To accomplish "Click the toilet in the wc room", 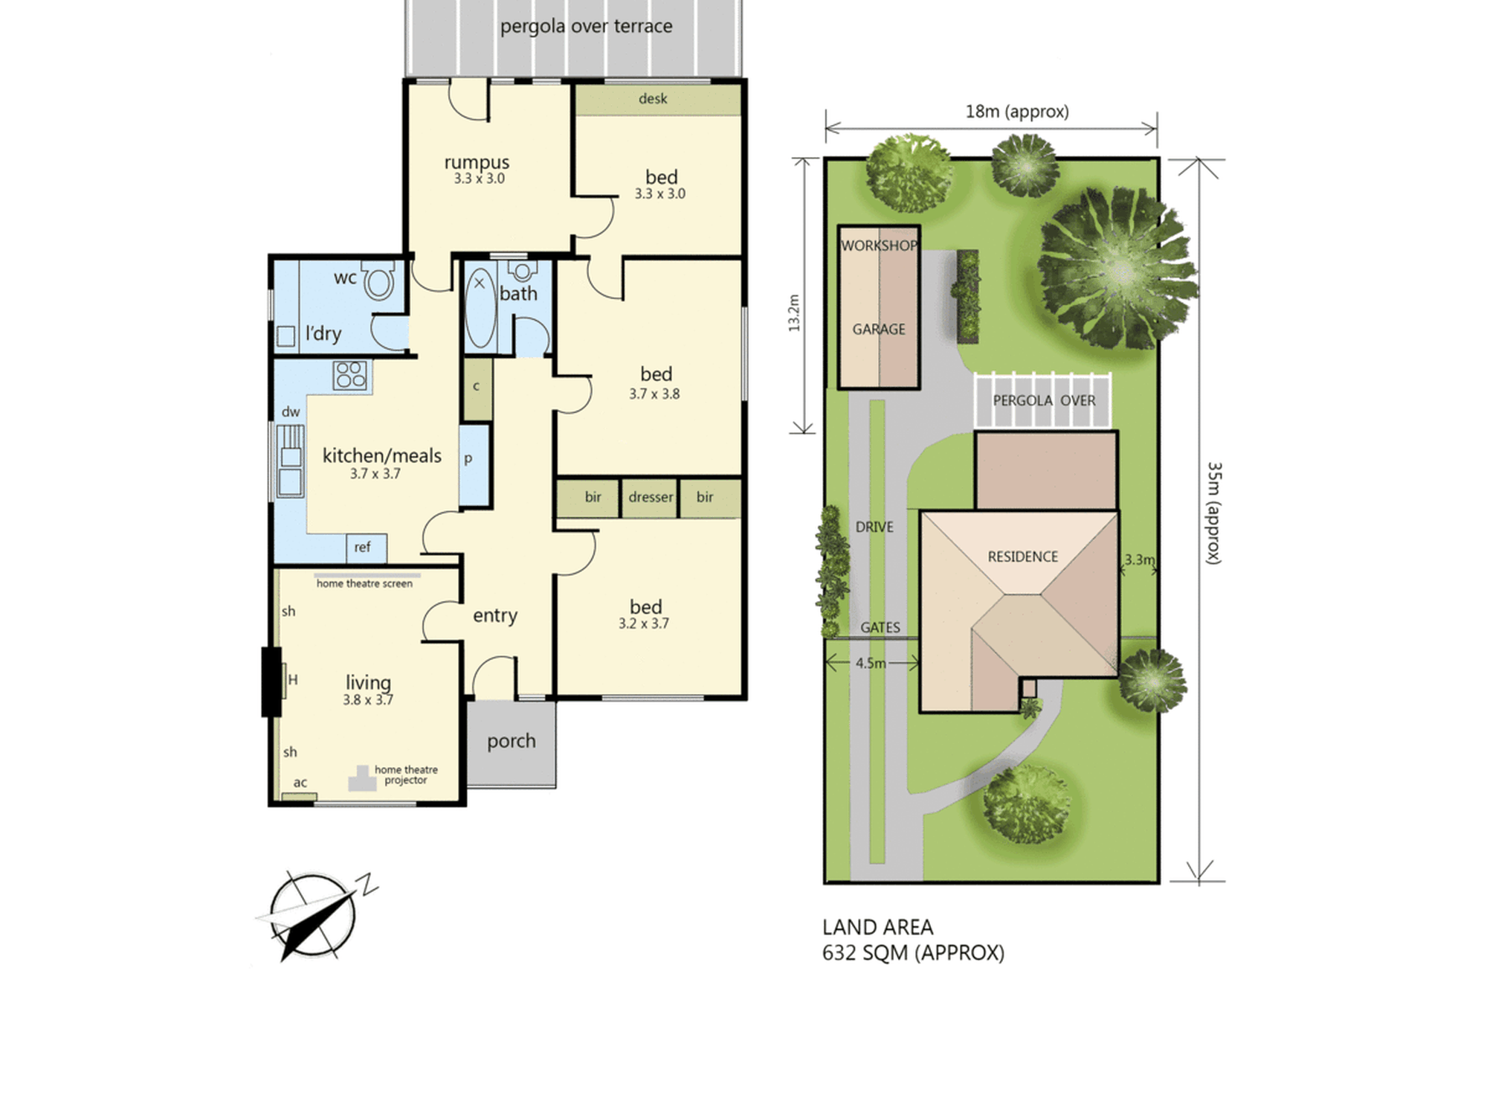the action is (378, 280).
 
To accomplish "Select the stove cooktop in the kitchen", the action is (350, 376).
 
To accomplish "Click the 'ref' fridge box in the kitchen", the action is (366, 548).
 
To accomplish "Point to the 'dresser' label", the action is (651, 497).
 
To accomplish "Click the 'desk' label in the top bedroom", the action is (653, 98).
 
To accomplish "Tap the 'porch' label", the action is (511, 741).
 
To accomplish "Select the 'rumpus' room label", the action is (477, 162).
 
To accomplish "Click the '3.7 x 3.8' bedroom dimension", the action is (654, 394).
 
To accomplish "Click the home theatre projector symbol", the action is (361, 779).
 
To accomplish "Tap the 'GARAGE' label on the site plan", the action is (879, 329).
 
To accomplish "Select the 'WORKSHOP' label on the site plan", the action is (879, 246).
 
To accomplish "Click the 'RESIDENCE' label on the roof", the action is (1022, 557).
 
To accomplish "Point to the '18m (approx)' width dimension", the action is (1017, 112).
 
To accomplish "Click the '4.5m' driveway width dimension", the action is (871, 663).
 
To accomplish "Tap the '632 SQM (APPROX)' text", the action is (913, 953).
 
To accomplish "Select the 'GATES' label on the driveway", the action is (880, 628).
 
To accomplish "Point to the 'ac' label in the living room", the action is (300, 783).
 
